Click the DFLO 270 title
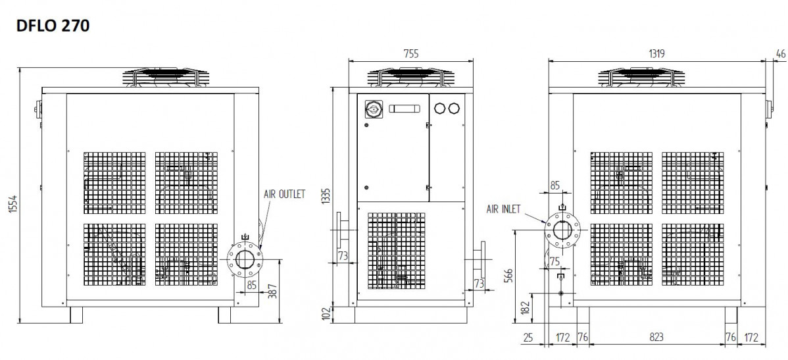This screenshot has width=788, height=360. click(x=53, y=25)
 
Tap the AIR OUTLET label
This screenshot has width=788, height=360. click(x=284, y=194)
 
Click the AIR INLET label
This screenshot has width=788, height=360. click(x=504, y=209)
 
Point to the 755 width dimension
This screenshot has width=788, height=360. click(x=410, y=54)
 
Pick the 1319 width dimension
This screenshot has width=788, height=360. click(x=656, y=54)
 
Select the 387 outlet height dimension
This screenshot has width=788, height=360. click(x=273, y=292)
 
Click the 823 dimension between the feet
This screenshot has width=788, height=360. click(x=656, y=338)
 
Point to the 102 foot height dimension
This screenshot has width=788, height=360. click(x=326, y=313)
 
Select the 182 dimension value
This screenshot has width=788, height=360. click(x=524, y=308)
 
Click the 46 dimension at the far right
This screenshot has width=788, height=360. click(x=781, y=54)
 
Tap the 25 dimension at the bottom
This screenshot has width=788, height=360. click(x=528, y=338)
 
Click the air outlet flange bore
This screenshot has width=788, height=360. click(x=245, y=259)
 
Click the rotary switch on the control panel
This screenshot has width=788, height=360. click(x=372, y=107)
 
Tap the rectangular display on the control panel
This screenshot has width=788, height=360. click(x=405, y=108)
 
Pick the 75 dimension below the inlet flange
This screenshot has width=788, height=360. click(x=554, y=261)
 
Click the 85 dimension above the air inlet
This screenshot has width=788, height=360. click(x=554, y=186)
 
